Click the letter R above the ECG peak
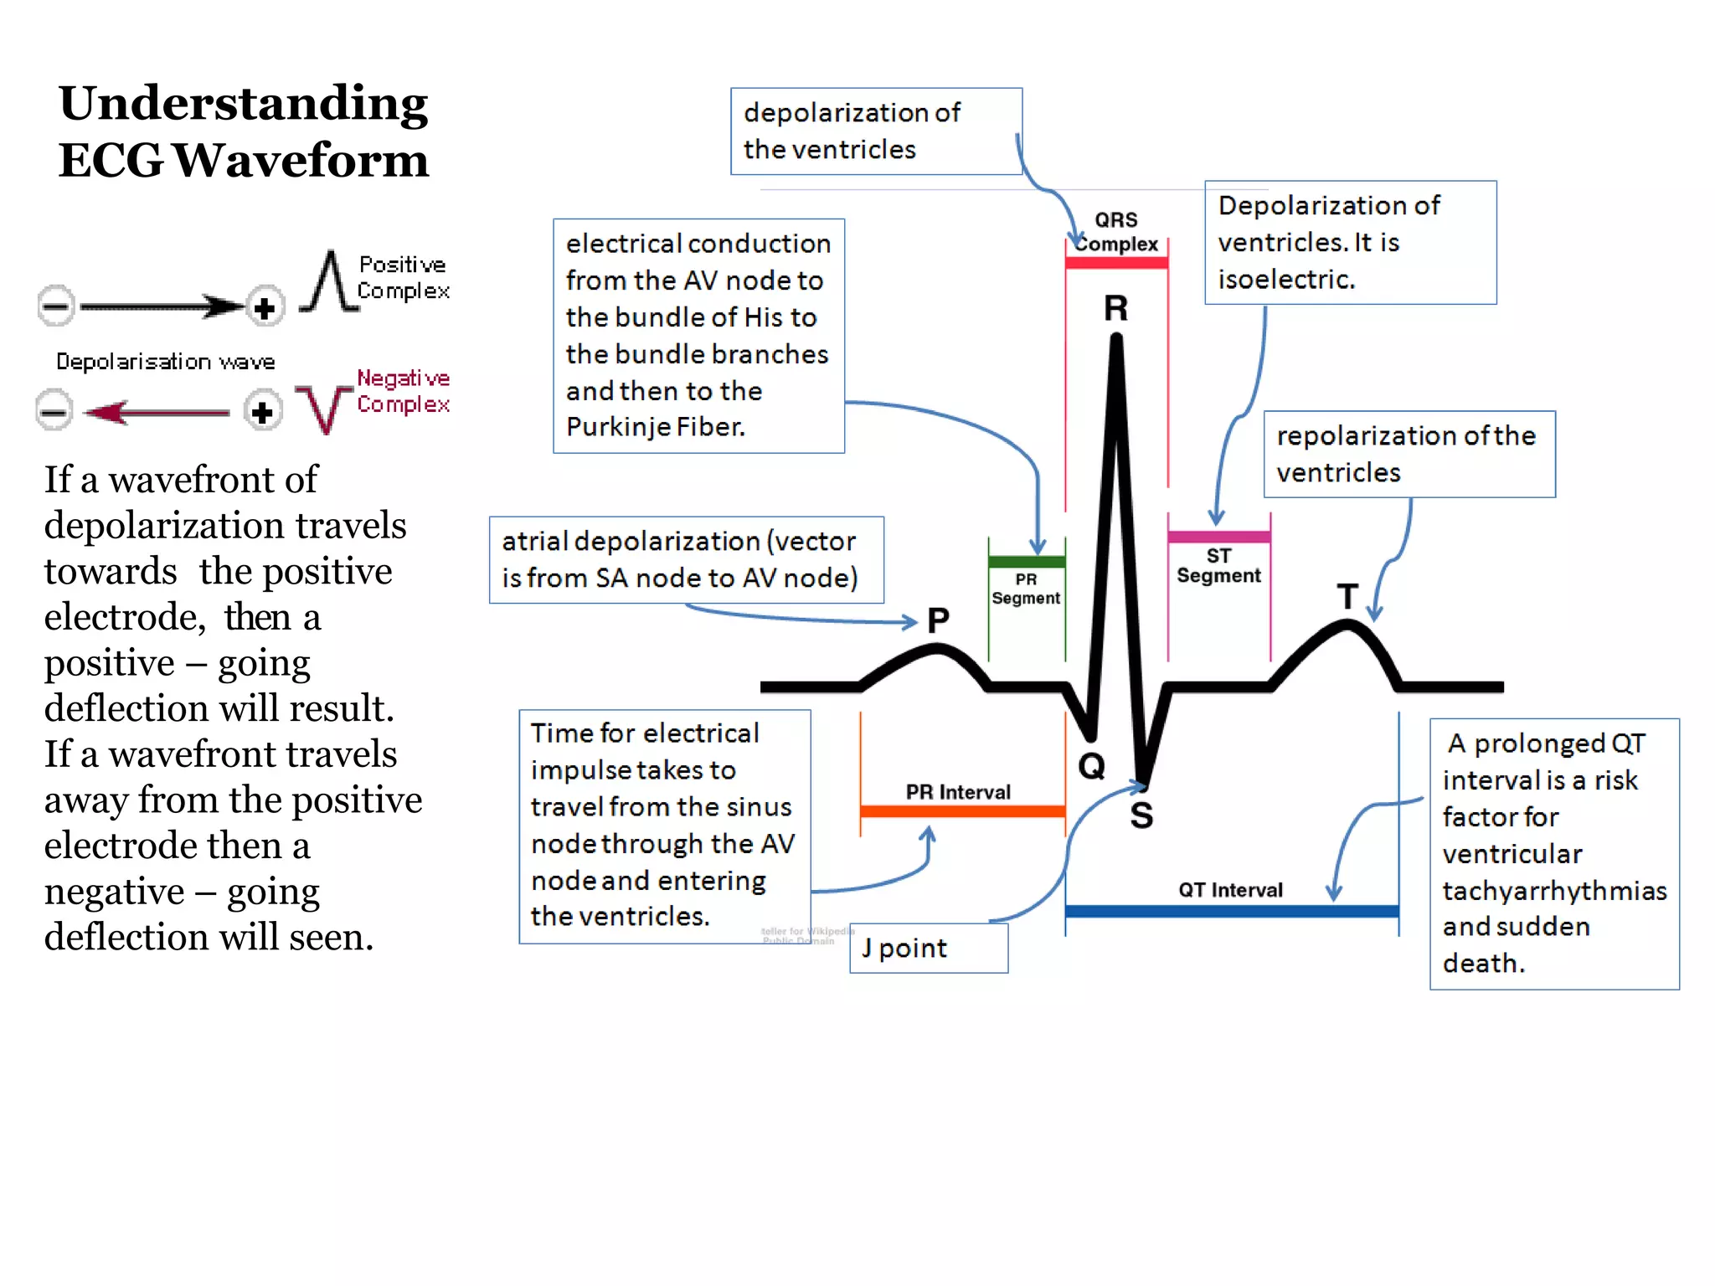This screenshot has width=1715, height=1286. point(1115,309)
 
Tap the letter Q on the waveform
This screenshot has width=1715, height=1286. point(1091,765)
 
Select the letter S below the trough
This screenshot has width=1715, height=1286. point(1141,815)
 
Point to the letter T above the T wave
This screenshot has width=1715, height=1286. point(1347,597)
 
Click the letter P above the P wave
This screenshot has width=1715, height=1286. point(938,620)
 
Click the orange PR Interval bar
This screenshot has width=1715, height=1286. point(962,810)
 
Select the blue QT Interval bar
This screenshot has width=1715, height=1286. point(1231,911)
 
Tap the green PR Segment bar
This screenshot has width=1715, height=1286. point(1027,562)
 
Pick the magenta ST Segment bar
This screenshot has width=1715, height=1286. point(1218,537)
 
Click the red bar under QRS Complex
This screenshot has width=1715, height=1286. point(1116,263)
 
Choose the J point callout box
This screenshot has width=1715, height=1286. point(929,949)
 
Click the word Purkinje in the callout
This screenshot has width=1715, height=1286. point(617,427)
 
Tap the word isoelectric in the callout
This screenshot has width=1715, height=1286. point(1285,280)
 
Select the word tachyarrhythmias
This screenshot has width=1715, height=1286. point(1554,891)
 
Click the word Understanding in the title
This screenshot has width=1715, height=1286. point(243,103)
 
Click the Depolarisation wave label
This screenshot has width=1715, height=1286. point(165,362)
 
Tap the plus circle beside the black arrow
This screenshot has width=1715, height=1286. point(265,308)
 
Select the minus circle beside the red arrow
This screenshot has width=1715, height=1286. point(54,412)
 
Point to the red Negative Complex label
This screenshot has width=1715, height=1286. point(403,391)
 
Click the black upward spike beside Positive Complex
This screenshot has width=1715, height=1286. point(331,280)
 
